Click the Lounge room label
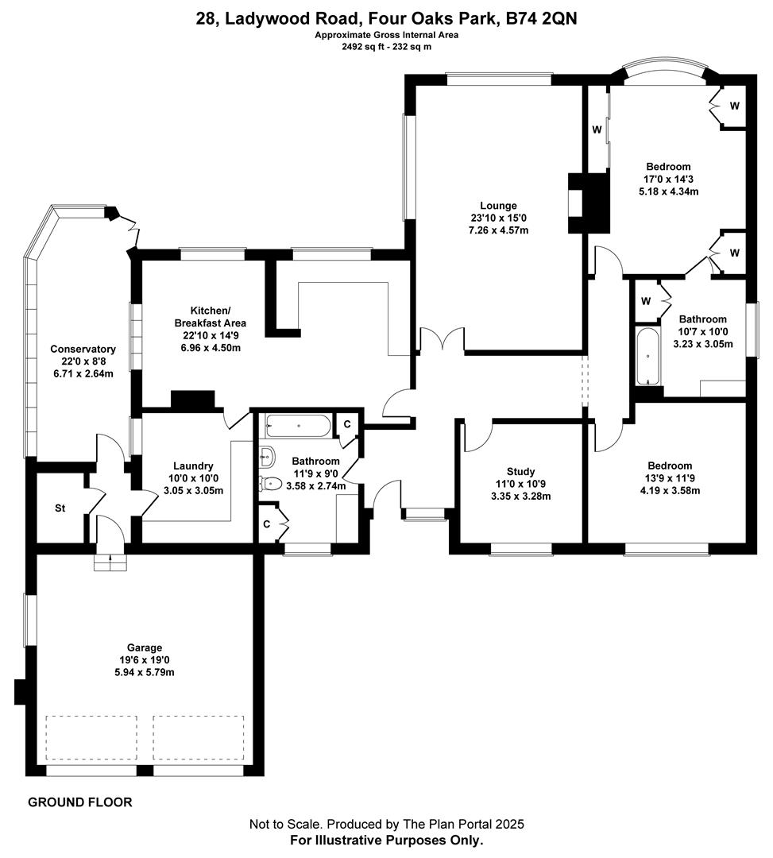point(498,206)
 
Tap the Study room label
point(520,471)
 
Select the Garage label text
point(144,647)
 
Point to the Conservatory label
point(83,349)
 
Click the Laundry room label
point(193,466)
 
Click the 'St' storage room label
point(60,508)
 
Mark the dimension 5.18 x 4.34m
point(667,191)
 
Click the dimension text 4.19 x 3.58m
point(669,490)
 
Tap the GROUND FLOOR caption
point(80,802)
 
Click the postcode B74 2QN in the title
point(539,18)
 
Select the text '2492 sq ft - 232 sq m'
point(386,47)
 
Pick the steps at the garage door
point(110,562)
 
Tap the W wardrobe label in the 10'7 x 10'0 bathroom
point(645,301)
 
